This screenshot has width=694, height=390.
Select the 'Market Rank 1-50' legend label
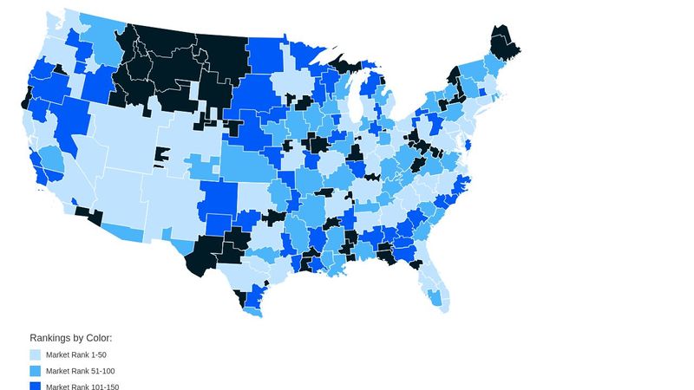coord(76,355)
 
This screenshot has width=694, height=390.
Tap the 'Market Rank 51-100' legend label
coord(79,371)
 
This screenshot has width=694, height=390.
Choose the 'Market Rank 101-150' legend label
coord(82,387)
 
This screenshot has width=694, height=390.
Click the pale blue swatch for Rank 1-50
coord(36,355)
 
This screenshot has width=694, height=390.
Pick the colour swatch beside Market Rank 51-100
coord(36,371)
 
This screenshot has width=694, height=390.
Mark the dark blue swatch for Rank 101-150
coord(36,386)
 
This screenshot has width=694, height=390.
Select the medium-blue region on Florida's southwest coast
coord(433,296)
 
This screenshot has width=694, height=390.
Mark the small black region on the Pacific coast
coord(23,98)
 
